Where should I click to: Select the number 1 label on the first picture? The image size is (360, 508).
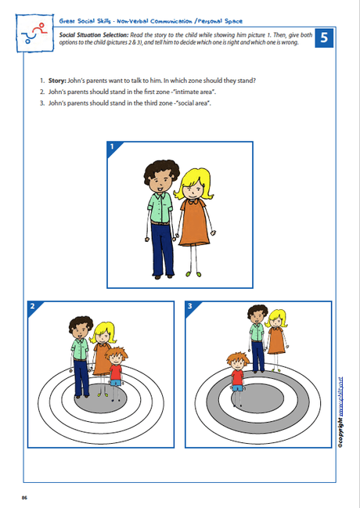pos(112,146)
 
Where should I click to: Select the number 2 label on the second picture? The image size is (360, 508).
pos(32,307)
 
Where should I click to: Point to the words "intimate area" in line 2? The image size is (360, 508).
pos(195,92)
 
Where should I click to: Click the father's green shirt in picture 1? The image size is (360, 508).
pos(161,212)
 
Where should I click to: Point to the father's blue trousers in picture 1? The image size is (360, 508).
pos(163,254)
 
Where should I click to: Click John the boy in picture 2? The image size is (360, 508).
pos(116,368)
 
